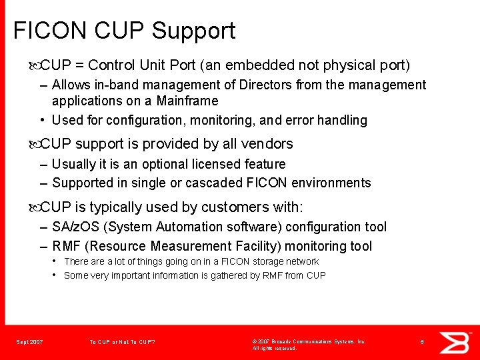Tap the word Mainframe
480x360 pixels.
[187, 101]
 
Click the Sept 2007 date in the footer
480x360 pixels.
[29, 342]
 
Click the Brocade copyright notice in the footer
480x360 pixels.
[309, 345]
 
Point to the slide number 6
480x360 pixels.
[422, 342]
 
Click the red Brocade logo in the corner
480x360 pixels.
[456, 341]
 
